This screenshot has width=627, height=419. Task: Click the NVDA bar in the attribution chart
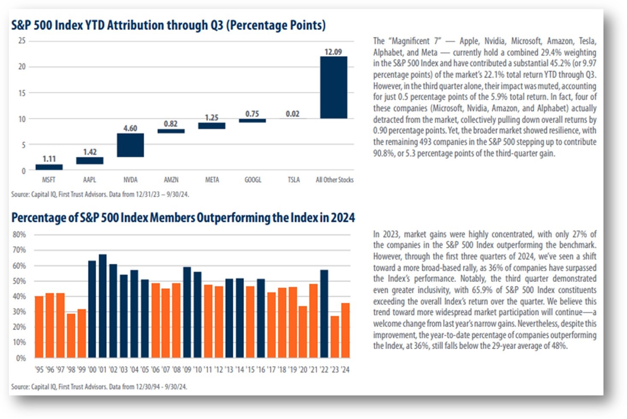coord(130,145)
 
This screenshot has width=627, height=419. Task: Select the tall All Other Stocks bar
coord(334,87)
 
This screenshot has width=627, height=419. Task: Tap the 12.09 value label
coord(333,52)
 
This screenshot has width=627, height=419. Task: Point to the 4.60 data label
coord(130,128)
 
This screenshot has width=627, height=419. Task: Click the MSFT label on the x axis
coord(49,180)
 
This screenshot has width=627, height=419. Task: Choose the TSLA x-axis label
coord(294,180)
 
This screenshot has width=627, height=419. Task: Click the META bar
coord(212,126)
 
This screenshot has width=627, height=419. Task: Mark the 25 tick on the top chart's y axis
coord(22,41)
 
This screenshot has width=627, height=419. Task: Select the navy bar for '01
coord(103,306)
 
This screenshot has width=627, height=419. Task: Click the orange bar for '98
coord(71,336)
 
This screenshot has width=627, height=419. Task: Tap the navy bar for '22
coord(324,314)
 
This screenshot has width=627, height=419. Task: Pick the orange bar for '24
coord(346,330)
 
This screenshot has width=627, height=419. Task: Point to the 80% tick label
coord(19,235)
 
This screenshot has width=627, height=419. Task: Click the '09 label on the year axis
coord(187,370)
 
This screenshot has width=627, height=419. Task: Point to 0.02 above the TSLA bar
coord(293,114)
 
